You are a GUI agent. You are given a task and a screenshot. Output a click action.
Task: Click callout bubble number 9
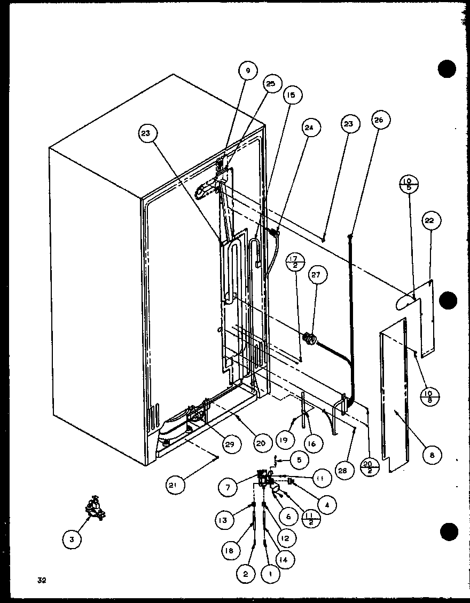pos(248,71)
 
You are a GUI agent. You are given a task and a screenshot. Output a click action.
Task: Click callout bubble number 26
pos(379,120)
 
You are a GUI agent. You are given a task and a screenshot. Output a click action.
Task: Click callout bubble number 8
pos(432,455)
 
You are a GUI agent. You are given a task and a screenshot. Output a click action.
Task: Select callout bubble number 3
pos(72,539)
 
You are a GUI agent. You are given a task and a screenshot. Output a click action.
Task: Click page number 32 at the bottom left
pos(42,581)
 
